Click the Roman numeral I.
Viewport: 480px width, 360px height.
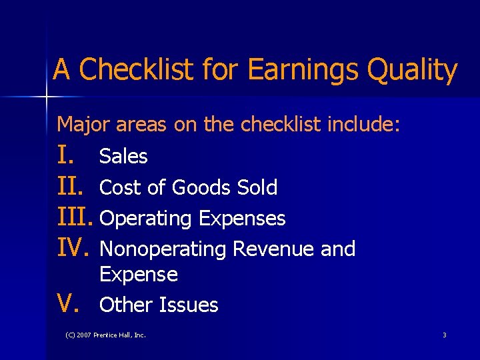[65, 156]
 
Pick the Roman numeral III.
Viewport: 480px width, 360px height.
[75, 218]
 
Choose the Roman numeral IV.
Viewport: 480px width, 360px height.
[73, 249]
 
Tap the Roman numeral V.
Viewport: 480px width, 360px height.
[68, 305]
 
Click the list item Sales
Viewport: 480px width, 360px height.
[123, 157]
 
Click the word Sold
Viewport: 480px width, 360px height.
[257, 188]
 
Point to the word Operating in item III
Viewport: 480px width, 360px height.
[146, 219]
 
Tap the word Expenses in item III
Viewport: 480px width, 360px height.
[242, 219]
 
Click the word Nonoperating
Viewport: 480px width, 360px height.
[163, 249]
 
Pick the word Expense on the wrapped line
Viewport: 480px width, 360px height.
[138, 275]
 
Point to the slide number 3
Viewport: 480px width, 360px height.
[444, 335]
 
